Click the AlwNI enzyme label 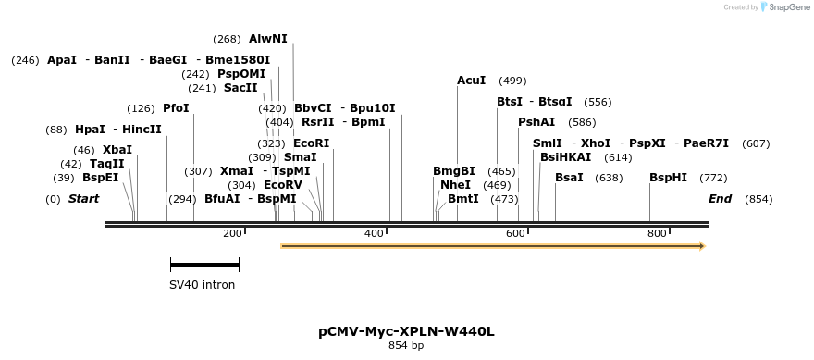pos(268,39)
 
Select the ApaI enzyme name pos(62,60)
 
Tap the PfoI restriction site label pos(176,108)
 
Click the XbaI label pos(117,150)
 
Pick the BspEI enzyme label pos(101,178)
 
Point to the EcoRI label pos(311,143)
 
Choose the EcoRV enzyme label pos(283,185)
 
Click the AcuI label pos(471,81)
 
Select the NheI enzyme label pos(455,185)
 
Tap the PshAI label pos(536,122)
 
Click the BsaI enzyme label pos(569,178)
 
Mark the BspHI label pos(668,178)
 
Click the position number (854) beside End pos(758,199)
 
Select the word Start pos(83,199)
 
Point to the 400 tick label pos(374,233)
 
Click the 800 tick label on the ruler pos(657,233)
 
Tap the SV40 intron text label pos(203,285)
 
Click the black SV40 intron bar pos(204,266)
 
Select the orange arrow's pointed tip pos(703,246)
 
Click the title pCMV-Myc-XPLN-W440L pos(406,330)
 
